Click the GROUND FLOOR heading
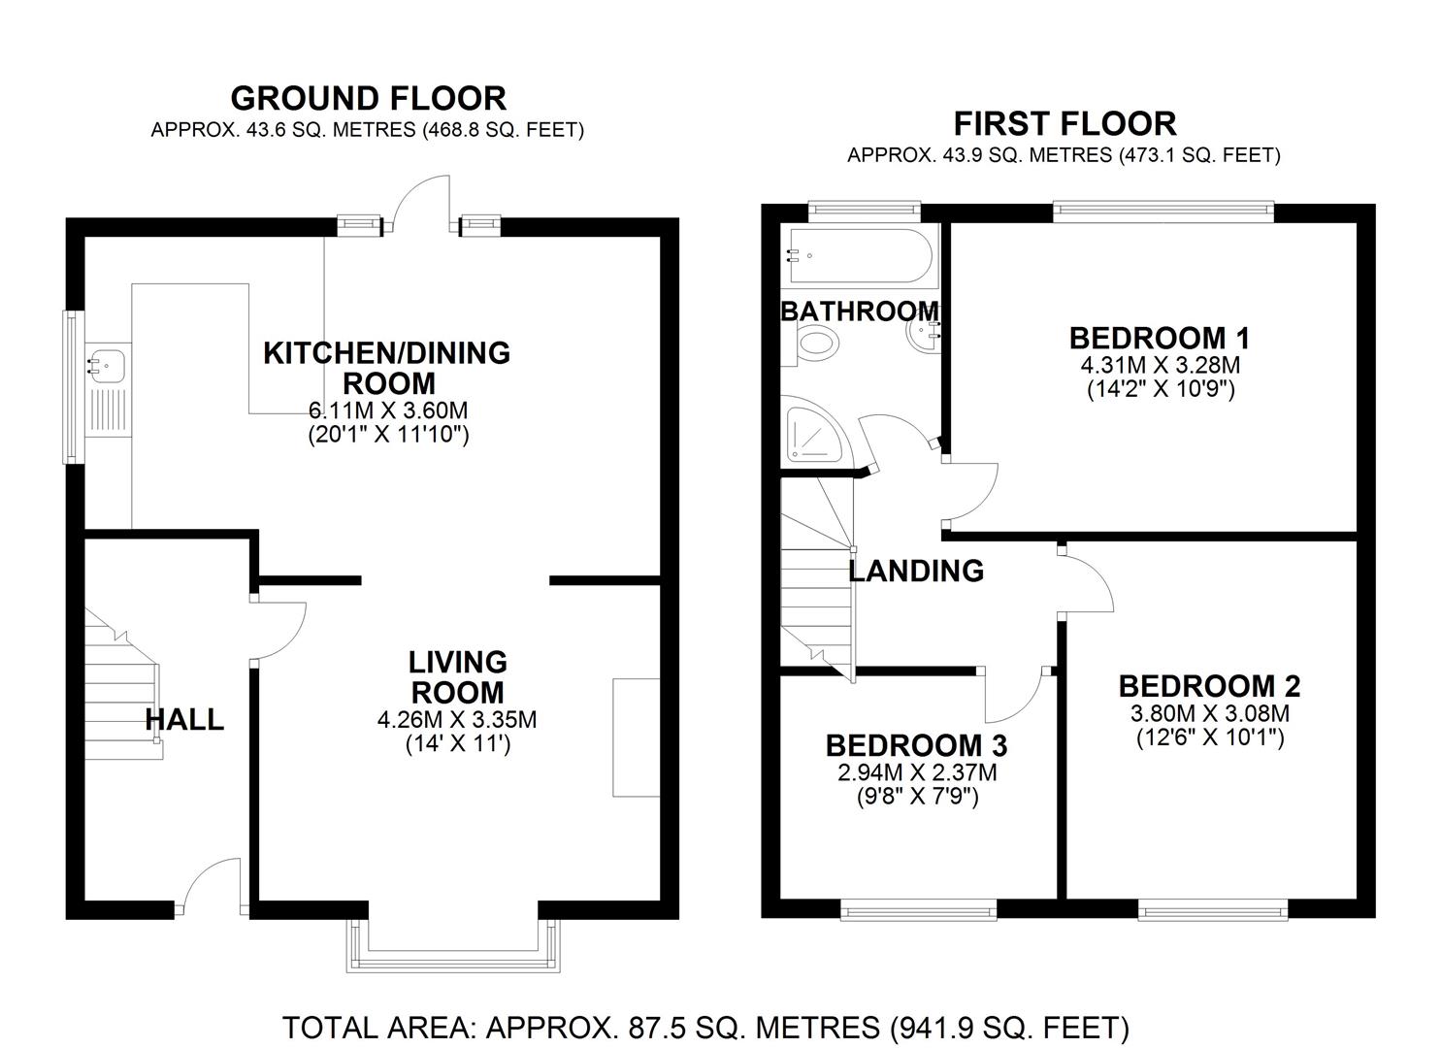(x=369, y=98)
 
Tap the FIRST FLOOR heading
(x=1064, y=123)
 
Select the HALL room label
(x=184, y=719)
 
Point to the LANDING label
(x=916, y=571)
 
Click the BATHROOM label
(x=860, y=311)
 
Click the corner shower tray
(x=815, y=437)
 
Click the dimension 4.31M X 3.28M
(x=1161, y=366)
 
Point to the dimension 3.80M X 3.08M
(x=1210, y=713)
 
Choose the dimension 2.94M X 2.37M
(x=917, y=772)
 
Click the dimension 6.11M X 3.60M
(x=388, y=409)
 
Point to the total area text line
(x=705, y=1028)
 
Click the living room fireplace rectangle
(x=637, y=737)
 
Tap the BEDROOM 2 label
(x=1209, y=686)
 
